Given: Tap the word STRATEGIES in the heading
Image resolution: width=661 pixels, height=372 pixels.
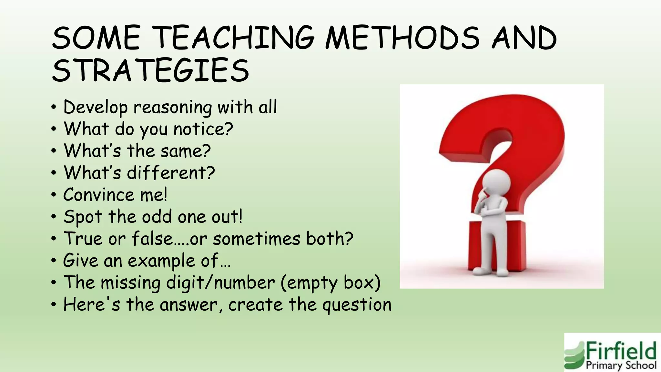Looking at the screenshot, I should point(150,70).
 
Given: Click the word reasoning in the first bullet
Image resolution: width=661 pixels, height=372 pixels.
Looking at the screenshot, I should point(173,107).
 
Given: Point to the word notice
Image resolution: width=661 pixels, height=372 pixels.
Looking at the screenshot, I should point(203,129).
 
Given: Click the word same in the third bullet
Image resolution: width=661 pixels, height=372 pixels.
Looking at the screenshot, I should point(186,151).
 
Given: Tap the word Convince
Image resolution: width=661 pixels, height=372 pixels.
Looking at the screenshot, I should point(98,195).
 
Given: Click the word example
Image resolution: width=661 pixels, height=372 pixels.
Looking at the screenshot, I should point(161,261).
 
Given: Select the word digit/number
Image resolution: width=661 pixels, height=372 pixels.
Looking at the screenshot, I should point(220,283).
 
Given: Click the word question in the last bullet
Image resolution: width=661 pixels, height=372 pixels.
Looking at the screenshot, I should point(357,305).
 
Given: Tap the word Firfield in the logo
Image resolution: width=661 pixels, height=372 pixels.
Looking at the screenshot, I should point(621,351).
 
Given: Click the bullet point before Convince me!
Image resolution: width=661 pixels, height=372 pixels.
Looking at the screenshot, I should point(54,195).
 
